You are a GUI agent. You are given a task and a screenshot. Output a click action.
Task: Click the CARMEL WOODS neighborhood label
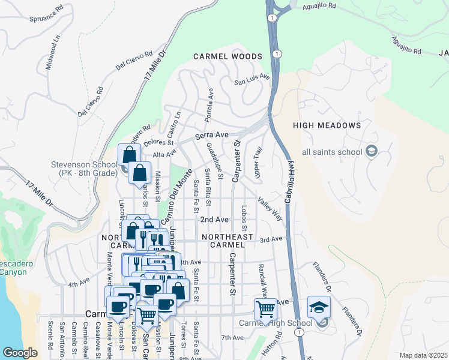(228, 56)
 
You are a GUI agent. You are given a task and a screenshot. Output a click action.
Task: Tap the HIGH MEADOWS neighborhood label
(327, 125)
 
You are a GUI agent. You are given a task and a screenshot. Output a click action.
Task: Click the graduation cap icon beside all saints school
(372, 151)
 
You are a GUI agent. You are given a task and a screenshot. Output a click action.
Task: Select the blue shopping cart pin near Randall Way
(265, 309)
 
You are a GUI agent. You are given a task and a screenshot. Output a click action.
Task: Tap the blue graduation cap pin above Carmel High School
(319, 307)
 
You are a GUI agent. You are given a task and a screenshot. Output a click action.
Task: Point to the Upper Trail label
(258, 163)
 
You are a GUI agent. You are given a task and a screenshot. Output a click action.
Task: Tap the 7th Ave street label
(232, 338)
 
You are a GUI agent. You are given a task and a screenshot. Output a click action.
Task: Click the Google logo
(20, 353)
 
